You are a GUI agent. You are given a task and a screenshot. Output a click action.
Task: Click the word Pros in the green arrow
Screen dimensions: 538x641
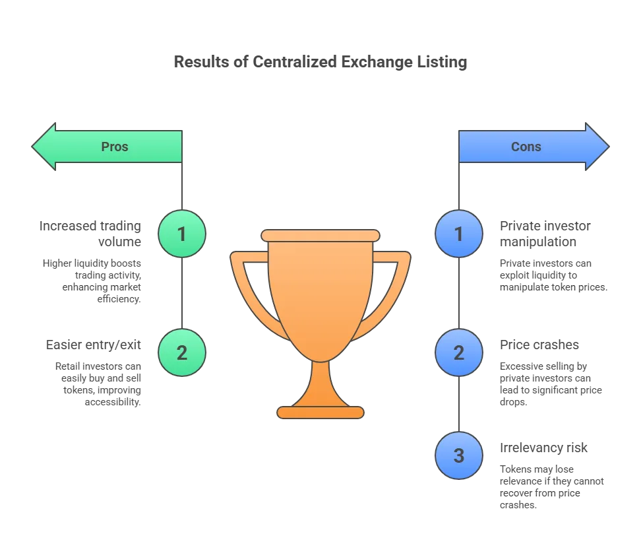point(114,147)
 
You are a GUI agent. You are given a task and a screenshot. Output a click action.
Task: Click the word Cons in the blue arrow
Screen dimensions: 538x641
point(526,147)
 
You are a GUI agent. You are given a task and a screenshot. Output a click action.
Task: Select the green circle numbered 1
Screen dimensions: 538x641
point(181,234)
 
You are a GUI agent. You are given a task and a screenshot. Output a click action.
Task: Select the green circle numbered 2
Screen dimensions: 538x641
point(181,353)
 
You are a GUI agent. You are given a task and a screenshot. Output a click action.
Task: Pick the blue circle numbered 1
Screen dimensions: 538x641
point(459,234)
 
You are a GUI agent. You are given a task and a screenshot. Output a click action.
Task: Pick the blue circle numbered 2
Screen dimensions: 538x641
point(459,353)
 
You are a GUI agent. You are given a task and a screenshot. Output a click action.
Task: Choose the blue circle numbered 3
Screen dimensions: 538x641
point(459,455)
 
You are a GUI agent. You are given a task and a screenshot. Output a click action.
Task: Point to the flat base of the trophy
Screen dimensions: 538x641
point(320,413)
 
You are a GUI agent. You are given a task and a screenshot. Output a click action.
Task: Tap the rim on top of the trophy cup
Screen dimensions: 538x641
point(320,236)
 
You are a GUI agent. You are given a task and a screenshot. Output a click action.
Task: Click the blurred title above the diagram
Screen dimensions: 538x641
point(321,63)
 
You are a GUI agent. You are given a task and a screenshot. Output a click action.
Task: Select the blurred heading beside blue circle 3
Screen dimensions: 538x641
point(543,448)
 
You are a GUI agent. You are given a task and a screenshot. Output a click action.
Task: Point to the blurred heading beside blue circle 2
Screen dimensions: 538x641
point(538,345)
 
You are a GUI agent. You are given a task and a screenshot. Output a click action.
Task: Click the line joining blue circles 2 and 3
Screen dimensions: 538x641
point(459,404)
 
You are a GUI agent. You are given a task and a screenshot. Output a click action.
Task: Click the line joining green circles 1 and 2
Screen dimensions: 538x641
point(181,293)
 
